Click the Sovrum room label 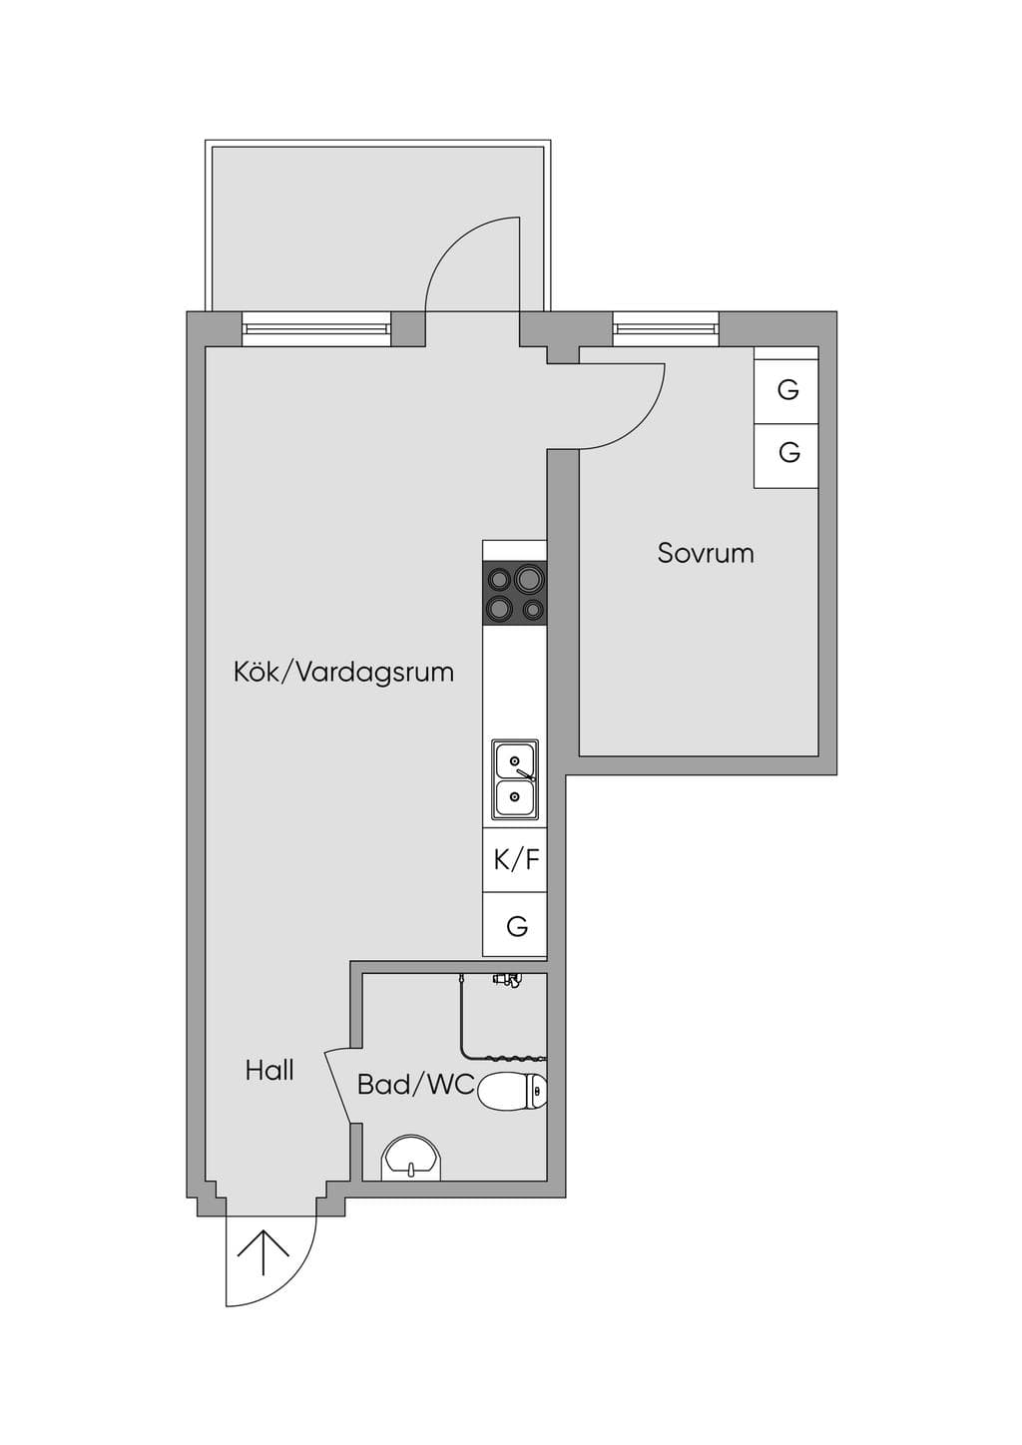coord(706,554)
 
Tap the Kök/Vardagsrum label coord(343,673)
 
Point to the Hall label coord(269,1071)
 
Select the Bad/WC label coord(415,1085)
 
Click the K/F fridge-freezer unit coord(515,860)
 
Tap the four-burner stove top coord(515,593)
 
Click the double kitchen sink coord(515,780)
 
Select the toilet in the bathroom coord(514,1091)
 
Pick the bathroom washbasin coord(410,1158)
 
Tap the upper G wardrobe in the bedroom coord(785,391)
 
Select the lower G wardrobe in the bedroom coord(785,456)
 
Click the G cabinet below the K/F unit coord(515,924)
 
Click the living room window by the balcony coord(316,329)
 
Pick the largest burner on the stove coord(528,580)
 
